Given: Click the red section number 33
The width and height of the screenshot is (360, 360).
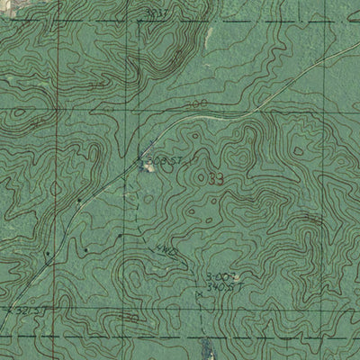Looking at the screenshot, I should coord(215,179).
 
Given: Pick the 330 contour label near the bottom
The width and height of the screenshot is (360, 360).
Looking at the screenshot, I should coord(131,317).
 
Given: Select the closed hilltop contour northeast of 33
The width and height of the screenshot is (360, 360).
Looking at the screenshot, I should coord(238,158).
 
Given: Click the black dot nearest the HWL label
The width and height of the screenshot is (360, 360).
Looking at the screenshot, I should coord(118,236).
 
